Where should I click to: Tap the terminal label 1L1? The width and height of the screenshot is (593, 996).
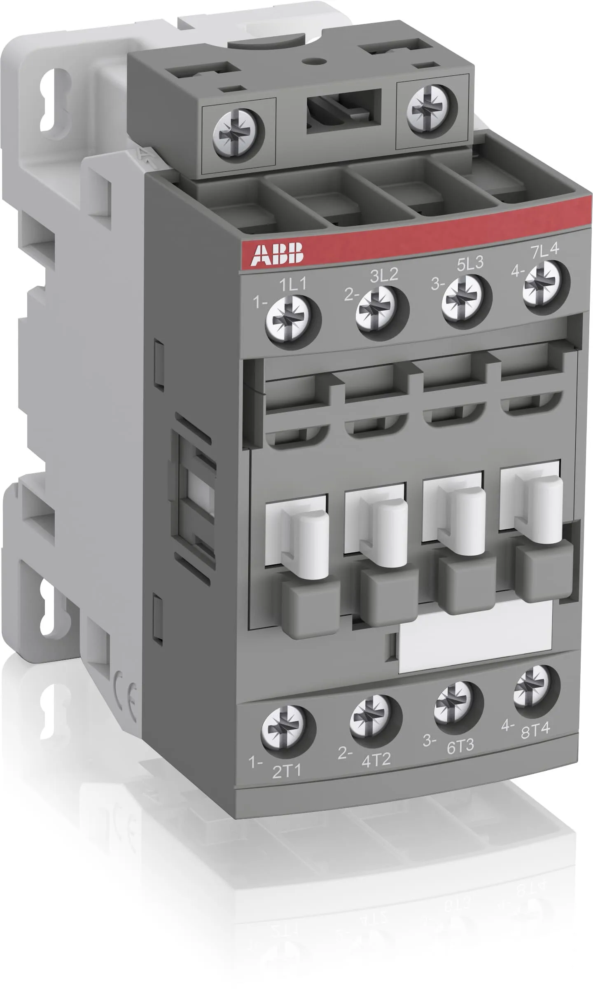tap(293, 284)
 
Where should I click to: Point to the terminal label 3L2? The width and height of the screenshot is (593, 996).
tap(384, 275)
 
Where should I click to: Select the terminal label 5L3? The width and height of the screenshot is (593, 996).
tap(470, 264)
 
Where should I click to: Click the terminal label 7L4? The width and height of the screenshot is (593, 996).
tap(544, 250)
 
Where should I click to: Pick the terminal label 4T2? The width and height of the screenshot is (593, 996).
tap(376, 759)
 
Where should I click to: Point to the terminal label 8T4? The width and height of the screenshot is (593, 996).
tap(535, 731)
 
